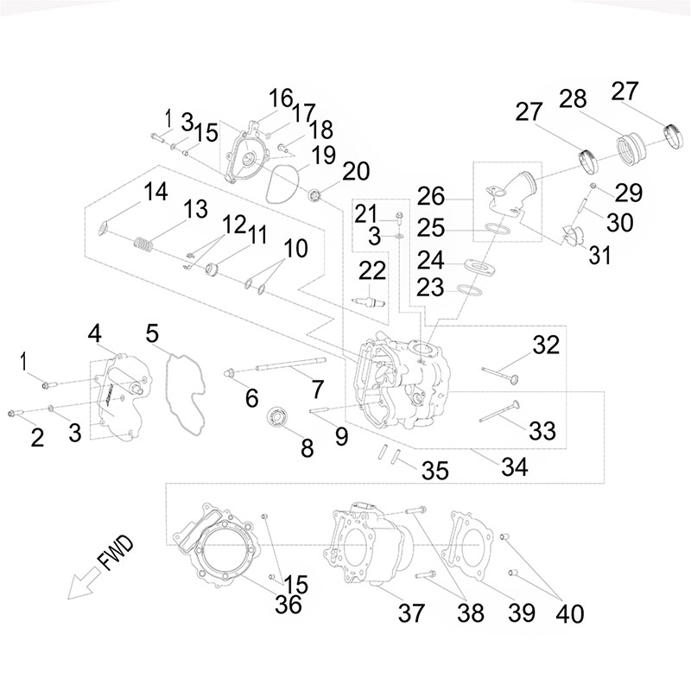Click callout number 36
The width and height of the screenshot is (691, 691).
pos(288,604)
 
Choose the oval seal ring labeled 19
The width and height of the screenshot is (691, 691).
pos(282,185)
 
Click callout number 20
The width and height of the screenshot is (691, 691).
pos(356,171)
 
